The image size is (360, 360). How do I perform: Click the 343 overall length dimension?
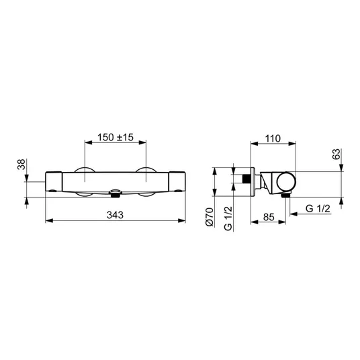(115, 215)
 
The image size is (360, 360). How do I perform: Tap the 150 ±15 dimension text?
(116, 137)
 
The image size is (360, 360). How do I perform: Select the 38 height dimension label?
(21, 165)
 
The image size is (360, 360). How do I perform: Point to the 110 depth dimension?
(273, 138)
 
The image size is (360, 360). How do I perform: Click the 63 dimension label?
(336, 154)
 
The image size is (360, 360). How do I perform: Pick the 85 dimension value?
(269, 217)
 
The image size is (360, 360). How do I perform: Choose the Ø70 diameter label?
(210, 217)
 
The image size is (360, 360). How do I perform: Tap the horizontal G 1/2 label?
(318, 208)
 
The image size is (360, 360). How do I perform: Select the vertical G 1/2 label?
(228, 218)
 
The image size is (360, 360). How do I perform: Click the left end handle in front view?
(54, 181)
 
